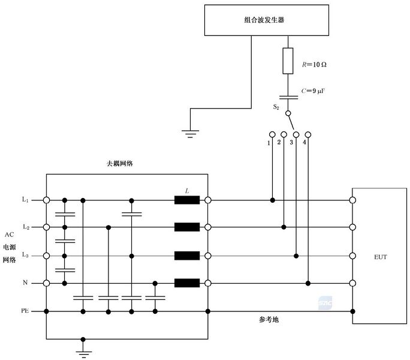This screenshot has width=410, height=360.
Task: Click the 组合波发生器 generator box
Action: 260,20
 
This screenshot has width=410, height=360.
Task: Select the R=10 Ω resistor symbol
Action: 288,61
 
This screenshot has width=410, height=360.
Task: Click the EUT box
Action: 379,257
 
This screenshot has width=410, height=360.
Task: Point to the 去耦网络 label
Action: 120,163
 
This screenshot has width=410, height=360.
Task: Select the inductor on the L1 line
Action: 187,200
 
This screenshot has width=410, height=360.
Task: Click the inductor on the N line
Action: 187,283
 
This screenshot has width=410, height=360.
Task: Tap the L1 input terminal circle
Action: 46,200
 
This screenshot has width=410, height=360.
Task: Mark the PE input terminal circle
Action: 46,311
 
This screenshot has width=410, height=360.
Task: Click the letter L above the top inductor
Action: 187,190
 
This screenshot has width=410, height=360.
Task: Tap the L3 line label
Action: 25,256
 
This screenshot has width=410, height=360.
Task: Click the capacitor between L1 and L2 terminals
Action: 64,214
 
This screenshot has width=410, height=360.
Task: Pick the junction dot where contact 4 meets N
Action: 307,283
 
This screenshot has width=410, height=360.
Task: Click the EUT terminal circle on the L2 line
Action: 352,227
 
